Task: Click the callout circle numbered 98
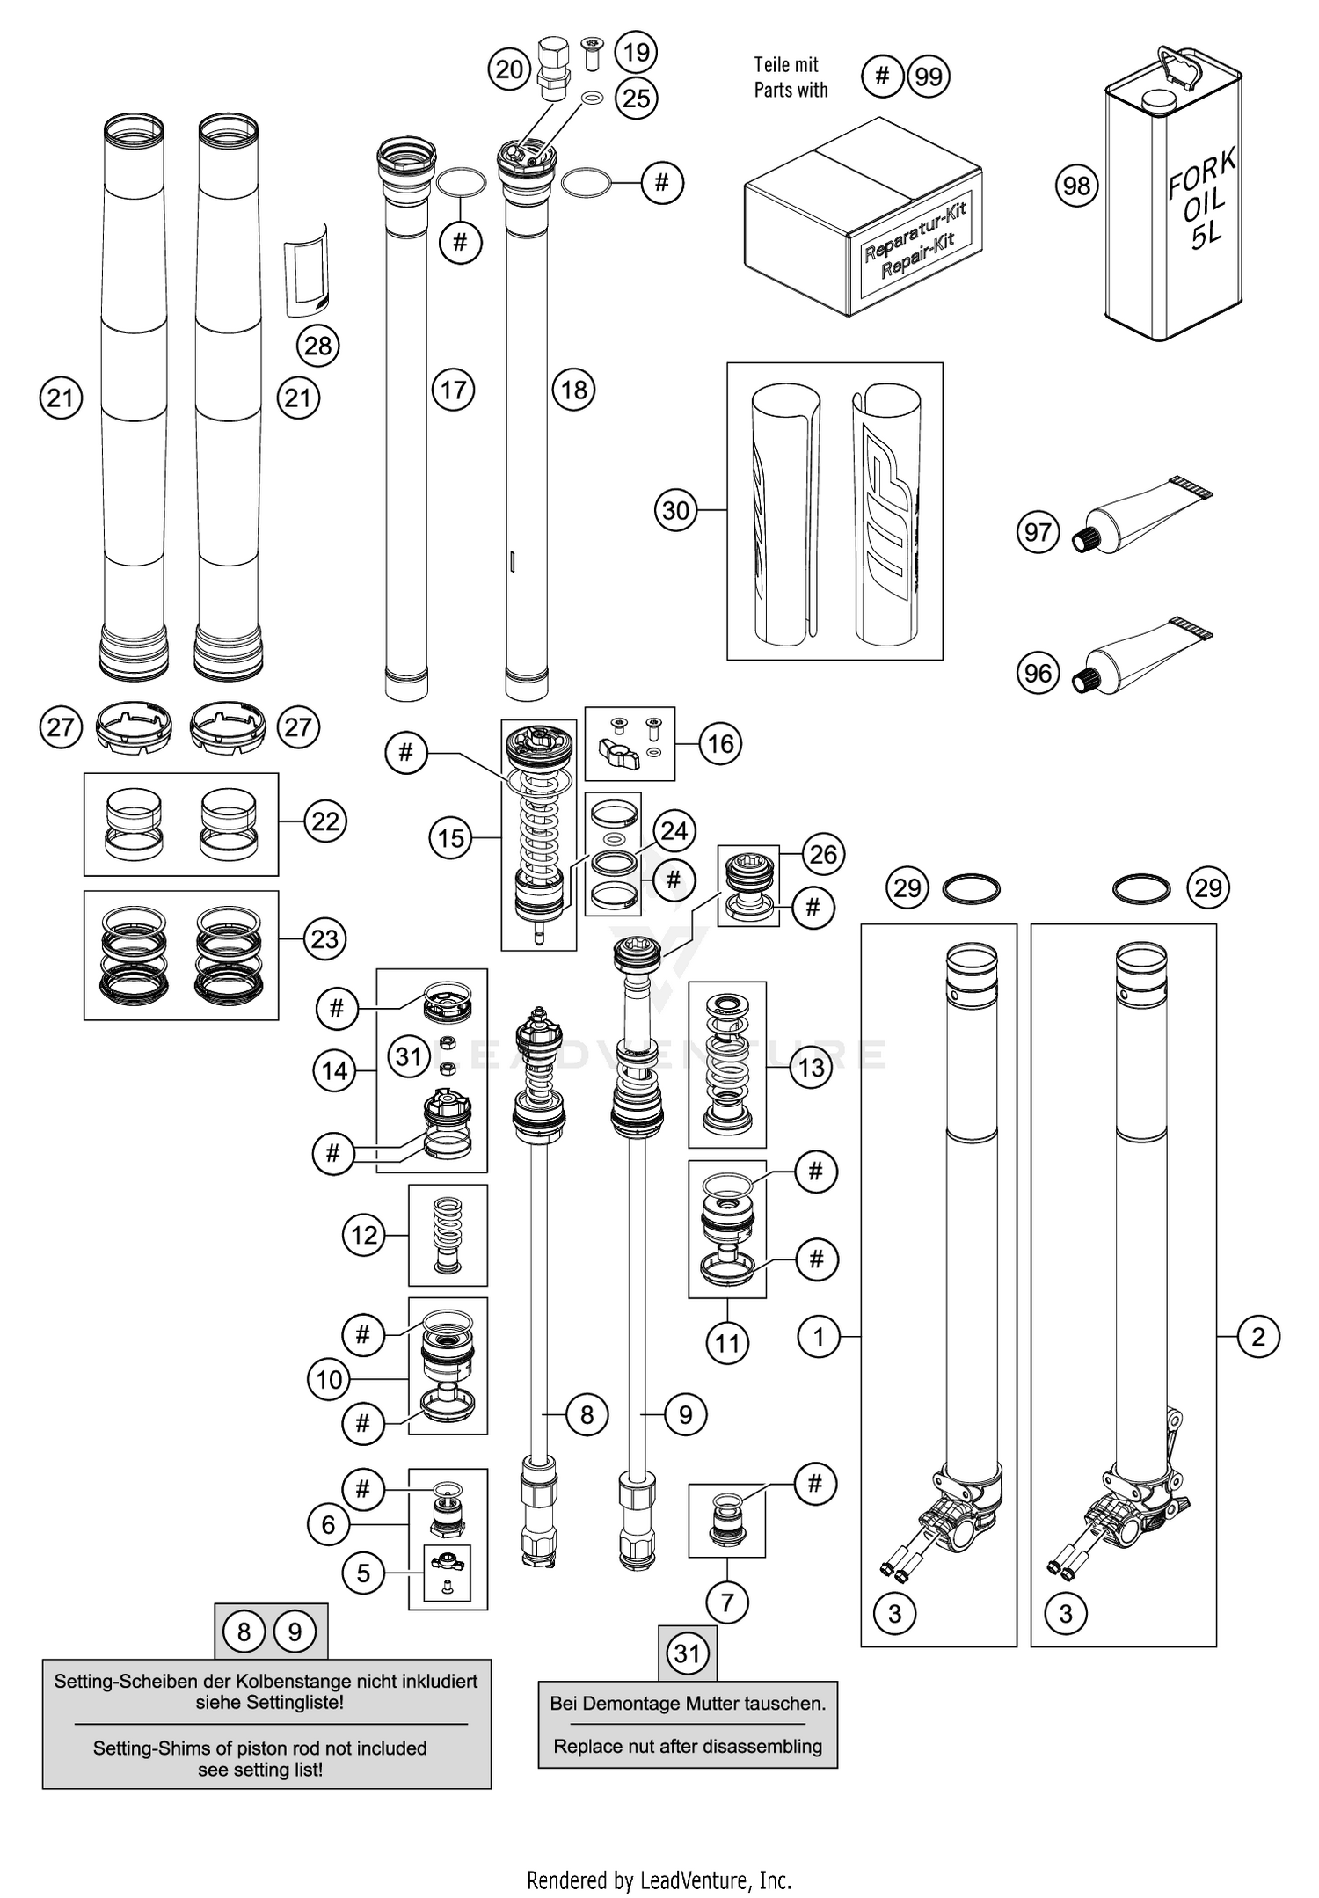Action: tap(1076, 186)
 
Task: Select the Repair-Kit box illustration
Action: tap(862, 220)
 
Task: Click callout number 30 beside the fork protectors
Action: tap(675, 510)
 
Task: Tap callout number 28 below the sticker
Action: tap(317, 346)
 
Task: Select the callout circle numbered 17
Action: tap(453, 390)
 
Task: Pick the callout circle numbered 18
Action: tap(574, 390)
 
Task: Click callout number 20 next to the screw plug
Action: tap(509, 69)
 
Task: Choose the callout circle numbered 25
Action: tap(636, 98)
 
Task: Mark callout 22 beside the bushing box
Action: tap(325, 821)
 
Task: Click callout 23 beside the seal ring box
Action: tap(324, 938)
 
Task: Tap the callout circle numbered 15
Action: tap(451, 838)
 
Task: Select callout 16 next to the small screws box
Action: tap(720, 744)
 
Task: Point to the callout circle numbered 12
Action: tap(364, 1235)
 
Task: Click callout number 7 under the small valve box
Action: tap(727, 1602)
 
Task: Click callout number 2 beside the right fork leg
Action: tap(1257, 1337)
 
